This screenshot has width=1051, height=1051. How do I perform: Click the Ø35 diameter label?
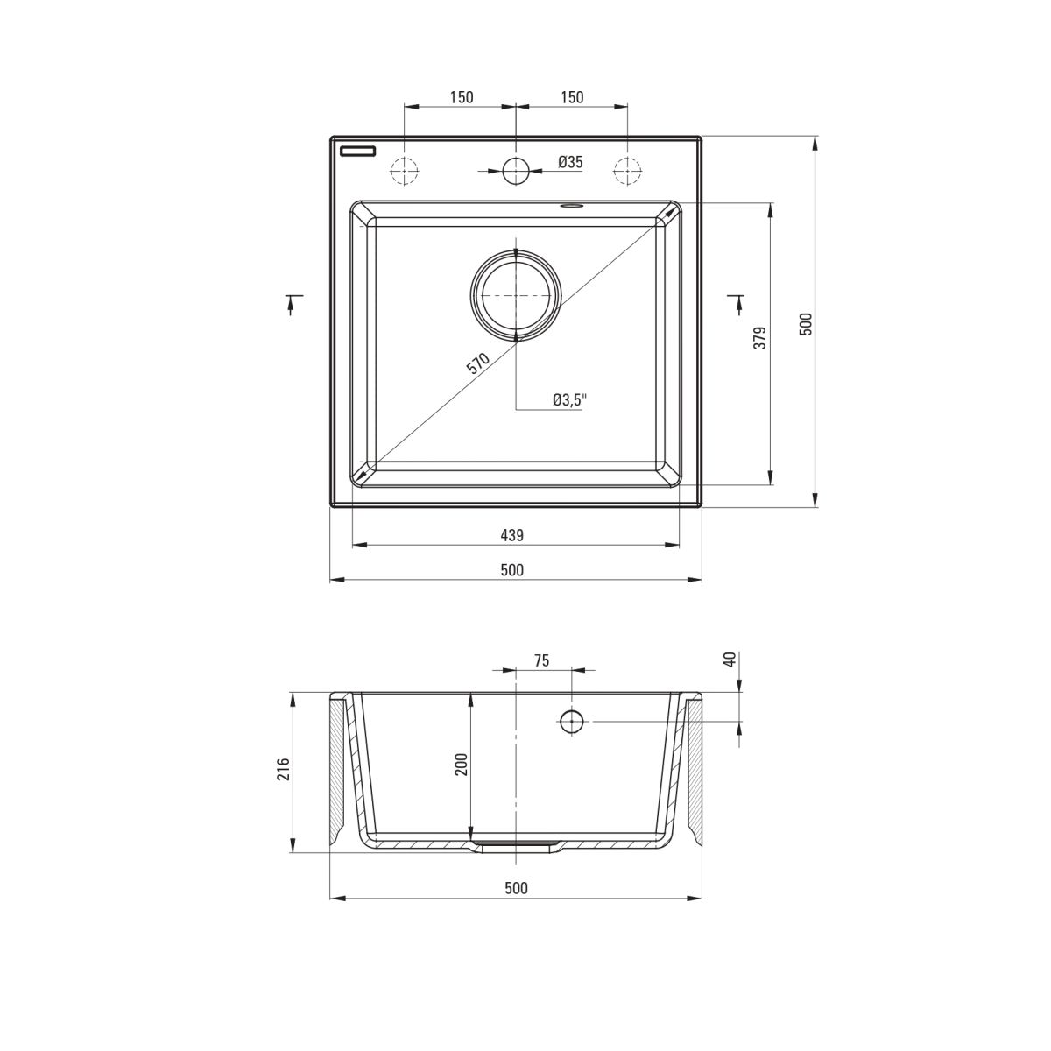(x=570, y=162)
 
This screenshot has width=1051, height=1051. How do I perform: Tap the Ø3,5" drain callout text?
(x=569, y=400)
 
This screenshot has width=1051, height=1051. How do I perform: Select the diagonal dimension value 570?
(x=478, y=363)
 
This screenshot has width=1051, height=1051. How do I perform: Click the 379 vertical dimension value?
(x=761, y=338)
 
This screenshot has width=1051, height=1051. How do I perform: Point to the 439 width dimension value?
(x=512, y=535)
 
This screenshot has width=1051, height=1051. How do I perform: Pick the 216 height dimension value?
(x=284, y=769)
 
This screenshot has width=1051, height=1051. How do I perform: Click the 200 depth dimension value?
(x=462, y=764)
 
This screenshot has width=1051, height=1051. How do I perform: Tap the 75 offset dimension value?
(x=541, y=660)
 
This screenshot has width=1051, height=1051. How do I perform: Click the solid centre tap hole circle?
(x=515, y=171)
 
